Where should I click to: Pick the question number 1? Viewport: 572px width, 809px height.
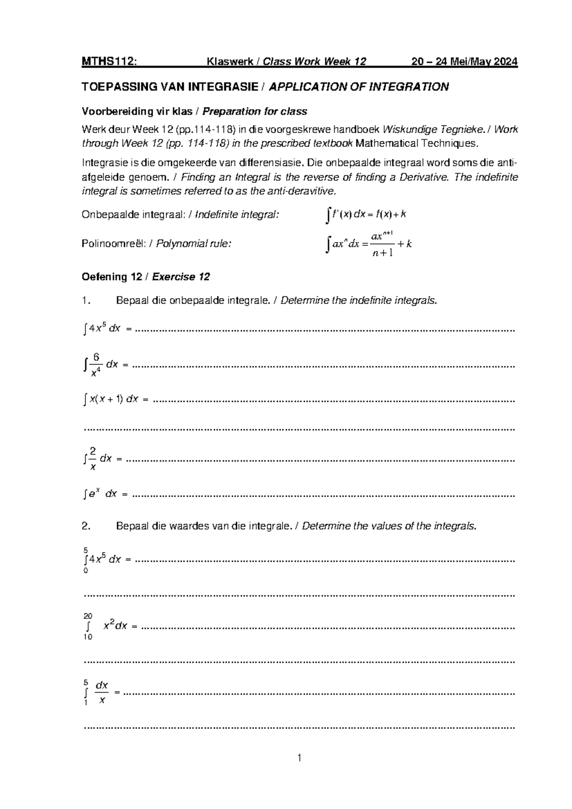click(85, 301)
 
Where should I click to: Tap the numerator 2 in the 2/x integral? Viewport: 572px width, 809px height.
click(93, 451)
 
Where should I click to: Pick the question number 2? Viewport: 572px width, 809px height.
click(86, 526)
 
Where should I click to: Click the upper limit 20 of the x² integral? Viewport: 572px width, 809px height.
click(88, 616)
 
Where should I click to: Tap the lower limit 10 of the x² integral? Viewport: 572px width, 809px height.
click(88, 637)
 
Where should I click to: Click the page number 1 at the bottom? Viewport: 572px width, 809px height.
click(299, 757)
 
